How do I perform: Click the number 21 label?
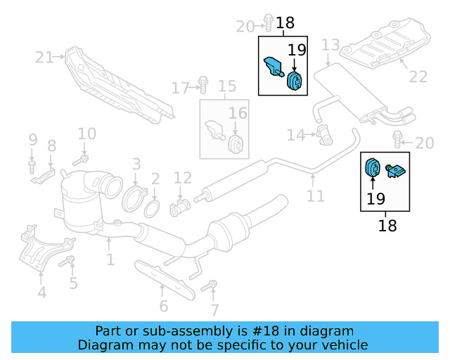click(44, 58)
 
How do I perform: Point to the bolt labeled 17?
click(202, 85)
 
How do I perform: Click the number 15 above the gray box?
click(226, 87)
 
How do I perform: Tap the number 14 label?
click(296, 134)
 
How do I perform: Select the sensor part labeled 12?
click(180, 207)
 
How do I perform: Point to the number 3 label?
click(136, 165)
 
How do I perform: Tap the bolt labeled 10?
click(79, 161)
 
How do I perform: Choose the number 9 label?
click(32, 141)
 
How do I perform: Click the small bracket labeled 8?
click(44, 174)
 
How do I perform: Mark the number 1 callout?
click(110, 261)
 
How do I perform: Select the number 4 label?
click(42, 292)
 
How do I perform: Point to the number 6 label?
click(163, 306)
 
